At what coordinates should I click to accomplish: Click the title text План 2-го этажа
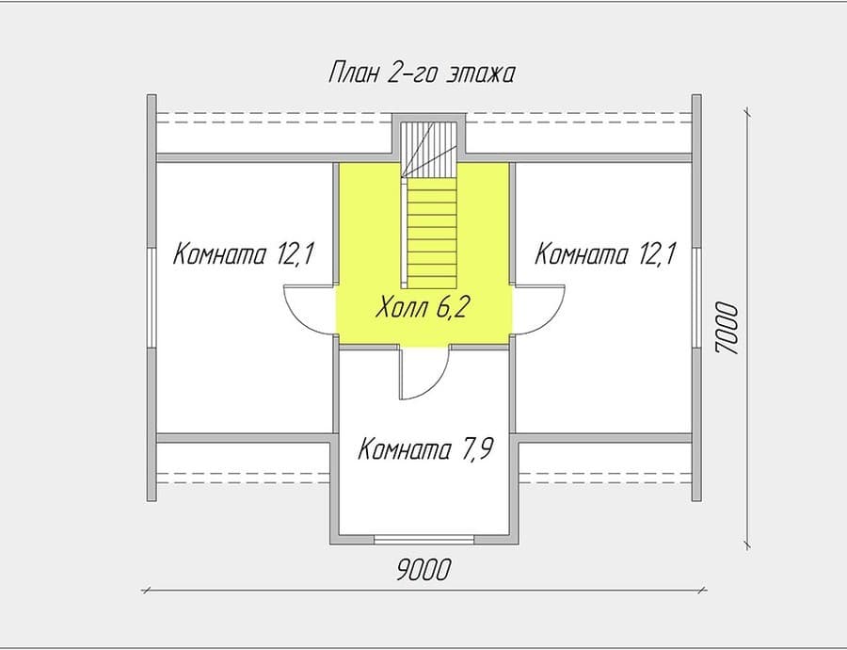pos(422,73)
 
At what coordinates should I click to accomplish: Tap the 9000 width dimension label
pos(423,569)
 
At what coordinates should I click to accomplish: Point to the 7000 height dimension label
pos(726,328)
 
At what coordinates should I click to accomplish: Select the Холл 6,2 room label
pos(422,307)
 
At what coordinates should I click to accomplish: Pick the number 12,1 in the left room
pos(295,253)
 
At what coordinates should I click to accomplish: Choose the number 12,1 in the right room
pos(656,253)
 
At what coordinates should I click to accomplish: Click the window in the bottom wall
pos(424,539)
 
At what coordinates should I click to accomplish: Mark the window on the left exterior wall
pos(152,298)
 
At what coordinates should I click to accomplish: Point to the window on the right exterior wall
pos(696,298)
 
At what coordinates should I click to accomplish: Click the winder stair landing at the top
pos(429,149)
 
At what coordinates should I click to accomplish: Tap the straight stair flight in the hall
pos(432,232)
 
